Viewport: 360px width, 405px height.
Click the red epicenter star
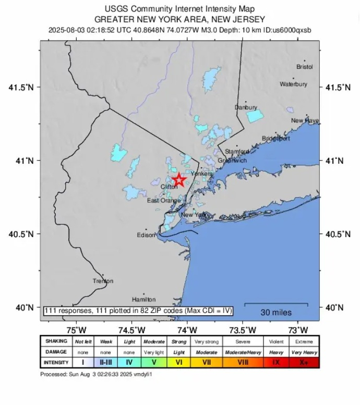click(x=179, y=180)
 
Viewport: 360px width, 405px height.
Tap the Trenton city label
click(x=103, y=281)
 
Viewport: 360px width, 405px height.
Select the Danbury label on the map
click(x=246, y=107)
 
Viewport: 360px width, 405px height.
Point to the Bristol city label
click(x=304, y=67)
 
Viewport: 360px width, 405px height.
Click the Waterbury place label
click(x=293, y=84)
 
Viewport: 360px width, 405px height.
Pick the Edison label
click(x=146, y=235)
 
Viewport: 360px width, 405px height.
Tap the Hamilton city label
click(x=143, y=300)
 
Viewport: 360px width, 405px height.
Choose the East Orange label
click(x=163, y=201)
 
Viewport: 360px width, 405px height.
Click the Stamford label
click(x=237, y=152)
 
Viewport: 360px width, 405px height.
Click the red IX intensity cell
click(x=276, y=362)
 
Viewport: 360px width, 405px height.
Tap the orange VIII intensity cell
click(x=243, y=362)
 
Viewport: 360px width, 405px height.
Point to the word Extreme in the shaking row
click(x=304, y=342)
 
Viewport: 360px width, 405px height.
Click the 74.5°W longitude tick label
click(x=131, y=329)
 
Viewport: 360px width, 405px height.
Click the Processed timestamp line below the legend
click(x=96, y=374)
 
